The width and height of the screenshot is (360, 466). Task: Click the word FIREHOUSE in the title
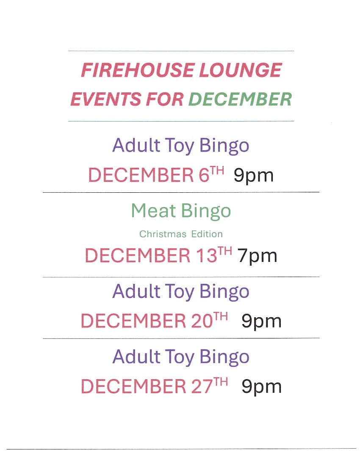point(137,70)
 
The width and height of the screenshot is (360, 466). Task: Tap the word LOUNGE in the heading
point(240,70)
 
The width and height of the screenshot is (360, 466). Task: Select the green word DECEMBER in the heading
point(240,99)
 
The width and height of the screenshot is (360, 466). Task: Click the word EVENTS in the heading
point(105,99)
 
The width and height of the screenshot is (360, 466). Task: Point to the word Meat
point(153,211)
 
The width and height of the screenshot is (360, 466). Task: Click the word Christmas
point(163,234)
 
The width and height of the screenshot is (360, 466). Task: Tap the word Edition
point(207,234)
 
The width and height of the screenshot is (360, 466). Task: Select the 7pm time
point(257,256)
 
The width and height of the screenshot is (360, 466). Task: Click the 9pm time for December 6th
point(253,176)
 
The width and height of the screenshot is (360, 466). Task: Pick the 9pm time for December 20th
point(261,321)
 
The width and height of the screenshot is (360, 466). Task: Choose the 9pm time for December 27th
point(261,387)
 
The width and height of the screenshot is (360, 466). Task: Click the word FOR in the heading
point(164,99)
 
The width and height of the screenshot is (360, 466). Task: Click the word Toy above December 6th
point(180,146)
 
